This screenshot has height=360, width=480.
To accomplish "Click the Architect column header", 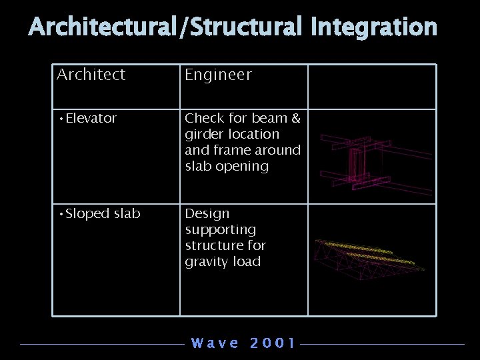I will (x=91, y=75).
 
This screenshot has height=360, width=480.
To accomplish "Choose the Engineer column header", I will (x=218, y=75).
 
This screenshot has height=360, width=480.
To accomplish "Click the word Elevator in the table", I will (x=91, y=118).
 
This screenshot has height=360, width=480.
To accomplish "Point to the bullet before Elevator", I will (x=61, y=119).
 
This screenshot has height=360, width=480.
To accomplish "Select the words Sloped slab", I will (x=103, y=213).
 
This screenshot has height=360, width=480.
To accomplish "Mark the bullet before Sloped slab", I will (x=61, y=214).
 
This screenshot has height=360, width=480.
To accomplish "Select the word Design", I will (x=207, y=213).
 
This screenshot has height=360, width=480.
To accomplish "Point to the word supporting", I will (x=220, y=230).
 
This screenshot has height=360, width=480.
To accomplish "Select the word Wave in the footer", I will (x=215, y=343).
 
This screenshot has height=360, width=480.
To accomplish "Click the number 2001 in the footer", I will (x=272, y=343).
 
